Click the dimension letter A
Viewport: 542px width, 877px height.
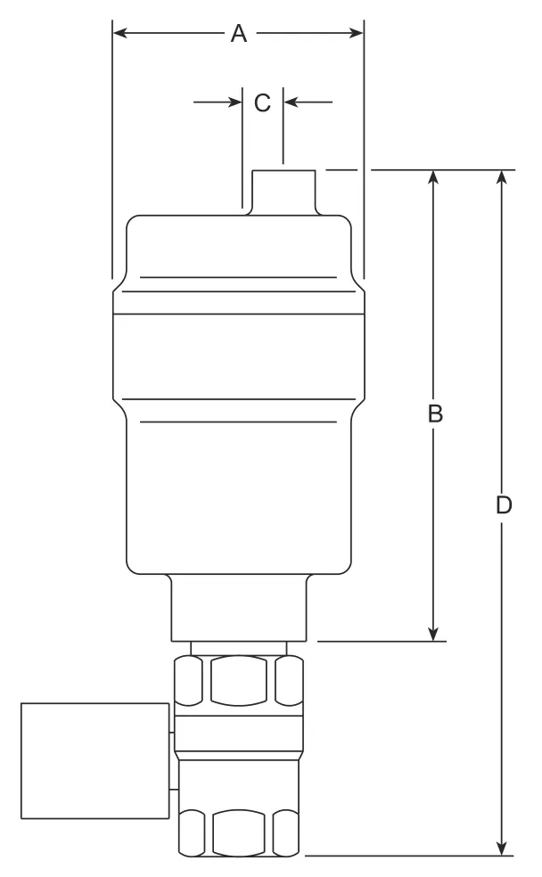(x=239, y=34)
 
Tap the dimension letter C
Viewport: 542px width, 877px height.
(x=262, y=102)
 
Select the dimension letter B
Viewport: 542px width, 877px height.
(x=435, y=414)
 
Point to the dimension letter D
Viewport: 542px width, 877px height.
(x=504, y=505)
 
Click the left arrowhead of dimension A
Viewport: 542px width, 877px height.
(x=119, y=33)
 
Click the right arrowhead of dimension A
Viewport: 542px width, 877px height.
(x=357, y=33)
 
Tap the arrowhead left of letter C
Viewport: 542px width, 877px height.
(x=235, y=102)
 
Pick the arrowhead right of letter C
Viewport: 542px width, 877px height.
(x=291, y=102)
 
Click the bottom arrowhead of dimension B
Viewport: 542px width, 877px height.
(x=433, y=634)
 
